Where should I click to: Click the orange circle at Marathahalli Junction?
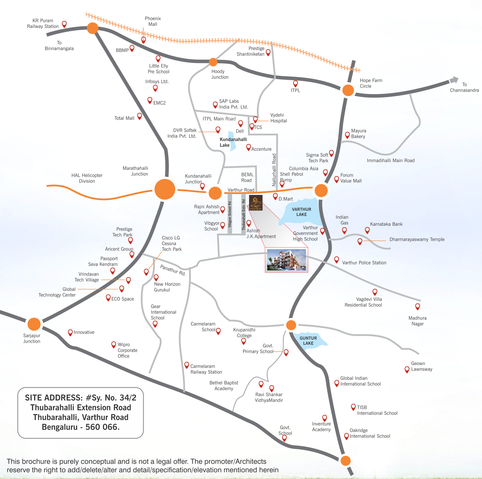pos(165,189)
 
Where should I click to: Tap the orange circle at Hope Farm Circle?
pos(348,90)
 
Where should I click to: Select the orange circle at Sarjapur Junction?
pos(34,324)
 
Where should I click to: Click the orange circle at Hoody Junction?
pos(213,62)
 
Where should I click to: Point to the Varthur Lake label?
pos(301,212)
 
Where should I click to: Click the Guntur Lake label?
pos(308,341)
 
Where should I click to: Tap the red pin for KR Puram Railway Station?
pos(64,24)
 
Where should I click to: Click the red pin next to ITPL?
pos(295,83)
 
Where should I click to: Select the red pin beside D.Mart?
pos(275,196)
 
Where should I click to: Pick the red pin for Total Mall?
pos(139,116)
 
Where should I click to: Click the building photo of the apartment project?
pos(286,260)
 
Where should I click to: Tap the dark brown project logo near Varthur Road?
pos(256,203)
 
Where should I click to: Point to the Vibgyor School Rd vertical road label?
pos(230,214)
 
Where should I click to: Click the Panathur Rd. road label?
pos(173,270)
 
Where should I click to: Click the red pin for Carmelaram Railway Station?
pos(187,365)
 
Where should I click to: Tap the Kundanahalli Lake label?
pos(233,142)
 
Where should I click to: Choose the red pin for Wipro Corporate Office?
pos(114,344)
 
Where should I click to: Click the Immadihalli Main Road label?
pos(390,160)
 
